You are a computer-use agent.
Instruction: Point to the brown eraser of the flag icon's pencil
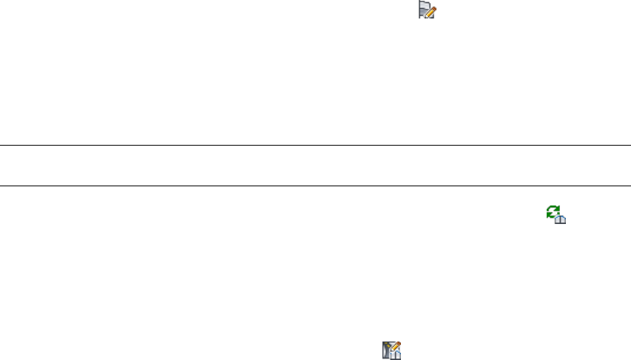click(434, 8)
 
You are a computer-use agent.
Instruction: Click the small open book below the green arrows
click(560, 220)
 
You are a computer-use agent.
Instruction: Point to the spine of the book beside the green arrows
click(560, 220)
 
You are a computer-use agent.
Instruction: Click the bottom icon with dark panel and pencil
click(390, 351)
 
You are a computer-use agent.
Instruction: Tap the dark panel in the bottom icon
click(385, 350)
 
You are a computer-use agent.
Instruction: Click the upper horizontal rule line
click(315, 146)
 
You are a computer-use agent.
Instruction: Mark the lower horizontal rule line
click(315, 186)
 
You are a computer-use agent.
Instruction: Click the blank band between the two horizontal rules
click(315, 166)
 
